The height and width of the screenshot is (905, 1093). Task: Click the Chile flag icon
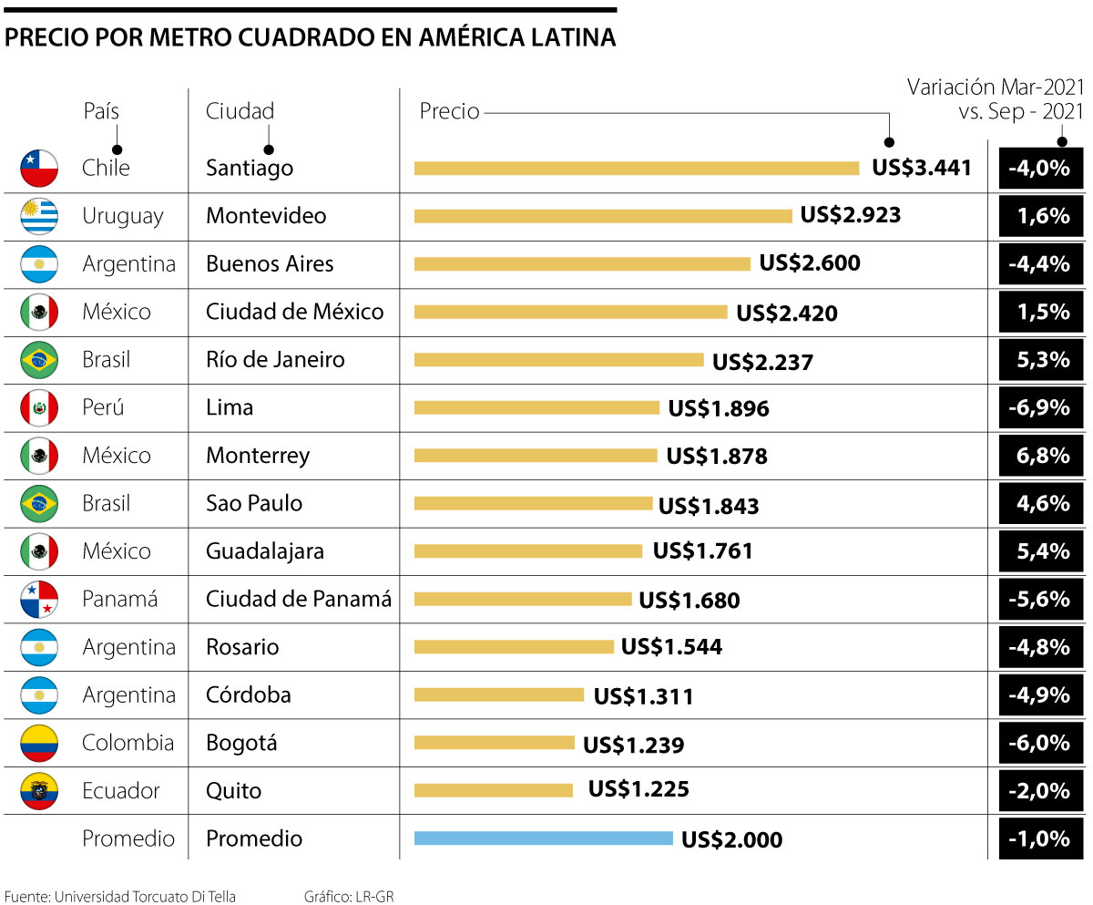[39, 168]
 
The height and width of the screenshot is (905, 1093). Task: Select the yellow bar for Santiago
[636, 168]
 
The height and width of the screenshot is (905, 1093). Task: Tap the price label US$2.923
[851, 215]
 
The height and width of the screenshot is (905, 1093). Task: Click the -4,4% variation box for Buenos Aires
[1040, 263]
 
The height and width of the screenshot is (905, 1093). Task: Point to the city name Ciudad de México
[294, 312]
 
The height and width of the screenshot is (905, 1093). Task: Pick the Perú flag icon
[39, 407]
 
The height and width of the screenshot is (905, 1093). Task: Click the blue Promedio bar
[543, 838]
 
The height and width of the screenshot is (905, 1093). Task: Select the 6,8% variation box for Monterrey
[1040, 455]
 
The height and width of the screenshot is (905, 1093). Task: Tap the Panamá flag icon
[39, 599]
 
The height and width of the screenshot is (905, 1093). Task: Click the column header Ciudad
[240, 111]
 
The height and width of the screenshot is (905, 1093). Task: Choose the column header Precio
[449, 111]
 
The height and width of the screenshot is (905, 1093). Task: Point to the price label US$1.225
[638, 789]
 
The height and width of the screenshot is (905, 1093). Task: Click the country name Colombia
[128, 743]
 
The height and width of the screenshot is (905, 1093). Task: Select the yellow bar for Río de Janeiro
[558, 359]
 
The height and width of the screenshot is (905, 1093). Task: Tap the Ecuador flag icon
[39, 791]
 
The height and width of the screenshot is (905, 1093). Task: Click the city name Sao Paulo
[254, 503]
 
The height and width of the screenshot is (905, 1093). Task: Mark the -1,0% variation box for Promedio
[1040, 838]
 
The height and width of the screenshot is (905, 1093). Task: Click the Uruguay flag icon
[39, 216]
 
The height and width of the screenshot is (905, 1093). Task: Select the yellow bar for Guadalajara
[527, 550]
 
